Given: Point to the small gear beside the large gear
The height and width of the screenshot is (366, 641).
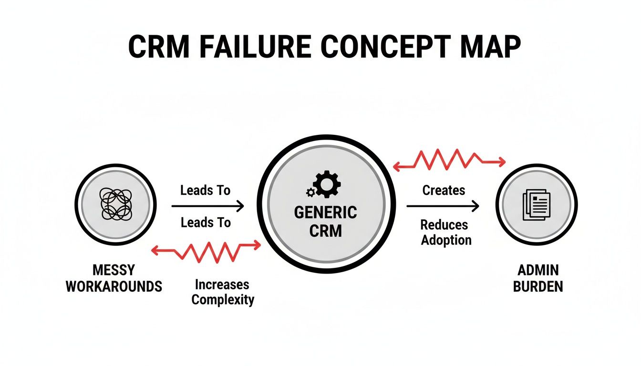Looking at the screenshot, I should [310, 192].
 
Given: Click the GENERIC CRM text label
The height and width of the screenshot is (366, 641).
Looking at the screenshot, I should [325, 222].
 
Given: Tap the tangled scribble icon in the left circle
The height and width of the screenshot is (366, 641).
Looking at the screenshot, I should [116, 204].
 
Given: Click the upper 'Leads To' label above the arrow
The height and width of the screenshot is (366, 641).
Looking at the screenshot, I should [205, 191].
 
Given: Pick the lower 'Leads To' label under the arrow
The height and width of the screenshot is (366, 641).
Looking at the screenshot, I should [205, 222].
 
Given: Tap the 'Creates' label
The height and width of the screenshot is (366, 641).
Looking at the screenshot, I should [444, 190].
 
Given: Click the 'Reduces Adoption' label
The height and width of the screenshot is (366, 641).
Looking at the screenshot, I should [446, 232].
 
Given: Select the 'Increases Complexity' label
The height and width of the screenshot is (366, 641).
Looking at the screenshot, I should [222, 292].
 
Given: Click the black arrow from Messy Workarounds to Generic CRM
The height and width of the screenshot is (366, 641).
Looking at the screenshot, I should [207, 206].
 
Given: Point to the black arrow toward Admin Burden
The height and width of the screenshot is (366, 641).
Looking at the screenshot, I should [442, 206].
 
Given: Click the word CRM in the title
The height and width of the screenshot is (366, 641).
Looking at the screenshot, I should [158, 47].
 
